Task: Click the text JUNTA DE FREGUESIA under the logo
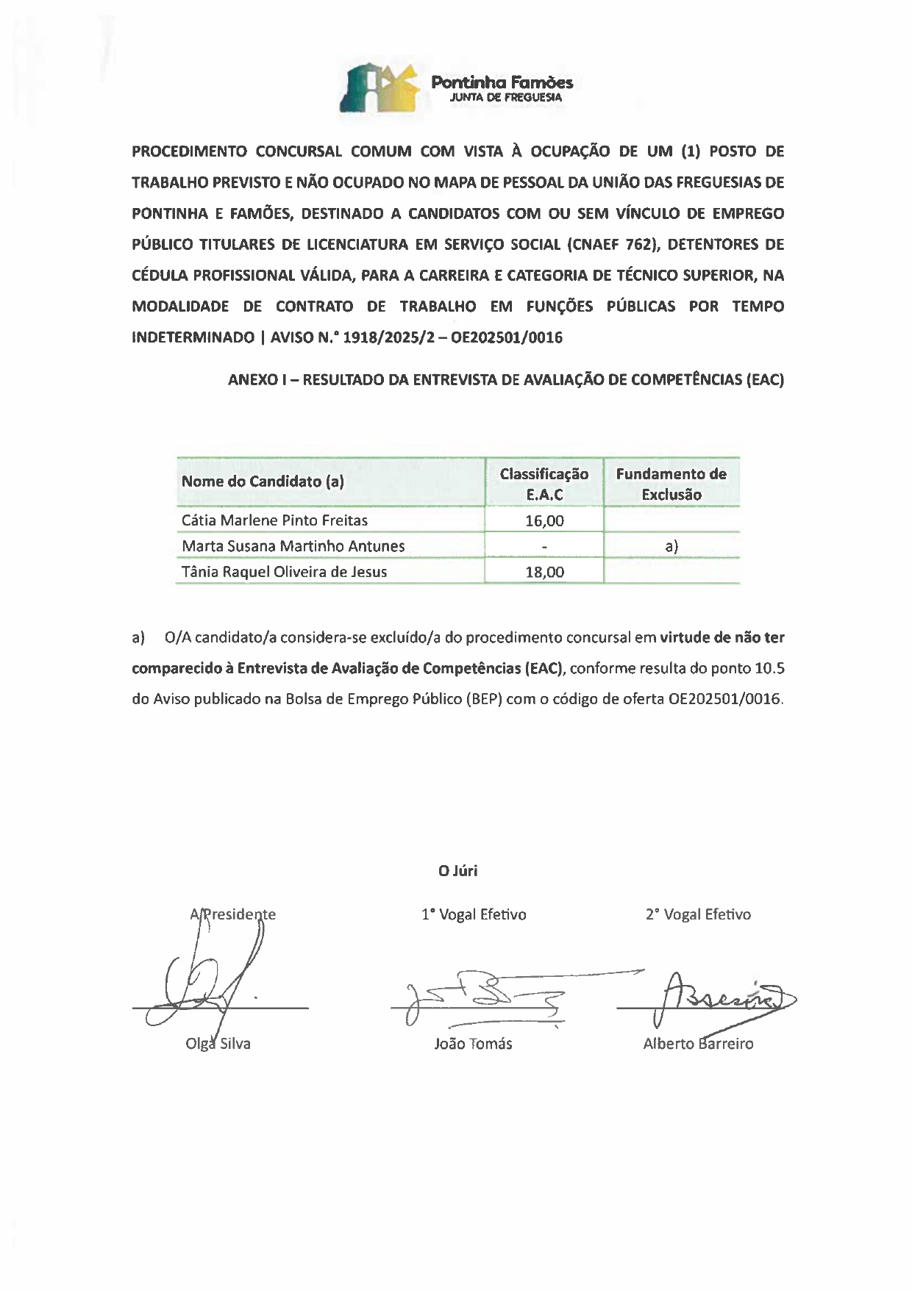tap(506, 97)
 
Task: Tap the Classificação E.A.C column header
tap(544, 484)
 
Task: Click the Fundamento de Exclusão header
tap(671, 484)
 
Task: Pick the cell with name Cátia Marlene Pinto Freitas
tap(274, 520)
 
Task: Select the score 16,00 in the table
tap(544, 521)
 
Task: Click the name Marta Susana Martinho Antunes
tap(293, 546)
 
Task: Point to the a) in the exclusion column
tap(671, 546)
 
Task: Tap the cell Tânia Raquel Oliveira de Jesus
tap(284, 572)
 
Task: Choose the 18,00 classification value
tap(544, 572)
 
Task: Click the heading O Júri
tap(457, 871)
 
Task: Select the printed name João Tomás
tap(473, 1044)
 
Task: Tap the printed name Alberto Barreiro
tap(698, 1044)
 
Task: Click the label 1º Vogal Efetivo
tap(473, 915)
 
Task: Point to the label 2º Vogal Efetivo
tap(698, 915)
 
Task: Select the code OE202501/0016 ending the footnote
tap(724, 700)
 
